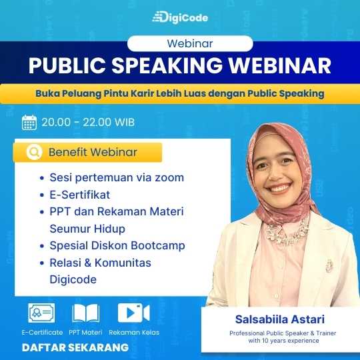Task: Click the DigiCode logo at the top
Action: [180, 17]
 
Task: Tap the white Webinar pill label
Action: [190, 43]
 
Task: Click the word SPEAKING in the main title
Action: [167, 65]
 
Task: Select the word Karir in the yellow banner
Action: [142, 93]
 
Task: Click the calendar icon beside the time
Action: [29, 123]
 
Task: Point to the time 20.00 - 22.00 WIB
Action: [88, 122]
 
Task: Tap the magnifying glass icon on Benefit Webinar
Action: [35, 152]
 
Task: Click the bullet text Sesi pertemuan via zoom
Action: [117, 177]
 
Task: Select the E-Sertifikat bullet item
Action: [80, 195]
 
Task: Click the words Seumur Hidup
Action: [87, 229]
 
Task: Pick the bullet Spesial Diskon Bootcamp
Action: [117, 245]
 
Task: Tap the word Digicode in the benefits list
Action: [73, 279]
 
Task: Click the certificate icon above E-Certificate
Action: [41, 313]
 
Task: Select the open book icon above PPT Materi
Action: [86, 313]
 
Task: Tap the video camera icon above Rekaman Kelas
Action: [133, 313]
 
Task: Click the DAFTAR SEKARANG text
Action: [75, 347]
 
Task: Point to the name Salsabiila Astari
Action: [280, 319]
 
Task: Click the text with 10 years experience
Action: [283, 340]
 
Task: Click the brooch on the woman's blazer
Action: [329, 265]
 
